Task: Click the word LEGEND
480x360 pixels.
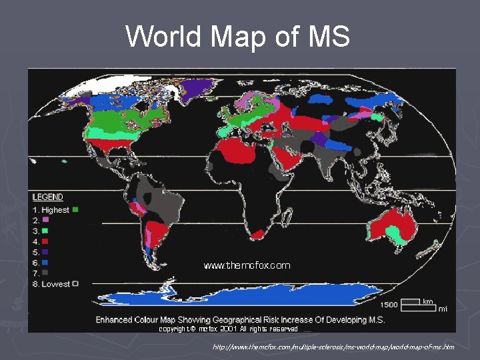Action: tap(48, 197)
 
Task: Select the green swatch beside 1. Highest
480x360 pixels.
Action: tap(75, 209)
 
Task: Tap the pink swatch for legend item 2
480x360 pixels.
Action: tap(46, 219)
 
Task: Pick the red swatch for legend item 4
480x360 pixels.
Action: tap(46, 241)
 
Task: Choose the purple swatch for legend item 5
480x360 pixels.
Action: tap(46, 251)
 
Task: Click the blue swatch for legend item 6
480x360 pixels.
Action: tap(46, 262)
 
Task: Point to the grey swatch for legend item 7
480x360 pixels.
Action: tap(46, 273)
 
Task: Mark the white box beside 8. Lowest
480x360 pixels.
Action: tap(75, 283)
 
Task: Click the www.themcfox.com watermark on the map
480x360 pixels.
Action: tap(247, 265)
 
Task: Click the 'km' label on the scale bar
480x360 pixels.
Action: tap(427, 301)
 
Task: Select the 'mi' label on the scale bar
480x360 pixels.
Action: tap(443, 309)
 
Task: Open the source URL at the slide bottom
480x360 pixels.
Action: tap(333, 347)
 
